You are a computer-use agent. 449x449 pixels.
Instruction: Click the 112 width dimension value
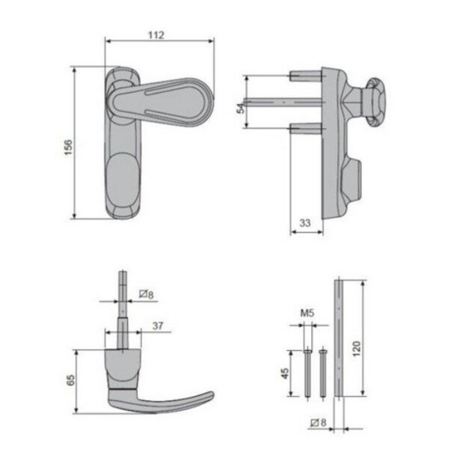coord(156,35)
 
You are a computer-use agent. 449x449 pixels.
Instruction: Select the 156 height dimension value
coord(68,147)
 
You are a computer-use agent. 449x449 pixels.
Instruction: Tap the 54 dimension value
coord(242,108)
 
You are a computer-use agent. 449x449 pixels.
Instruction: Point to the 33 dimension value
coord(305,223)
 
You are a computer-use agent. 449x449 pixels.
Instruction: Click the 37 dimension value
coord(158,326)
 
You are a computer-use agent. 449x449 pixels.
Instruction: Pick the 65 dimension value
coord(70,379)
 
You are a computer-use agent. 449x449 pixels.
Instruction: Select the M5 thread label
coord(307,313)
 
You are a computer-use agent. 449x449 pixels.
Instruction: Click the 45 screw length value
coord(285,373)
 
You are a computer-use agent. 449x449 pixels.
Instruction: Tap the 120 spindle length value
coord(356,349)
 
